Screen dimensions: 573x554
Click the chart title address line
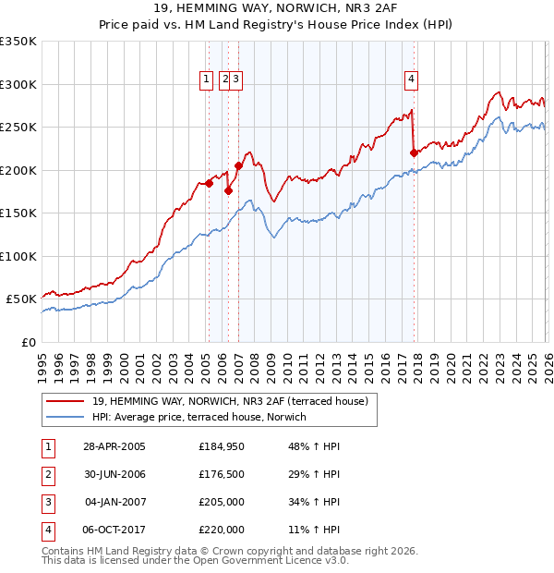coord(277,9)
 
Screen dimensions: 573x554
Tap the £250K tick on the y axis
coord(18,128)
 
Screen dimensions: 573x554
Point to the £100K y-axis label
coord(18,256)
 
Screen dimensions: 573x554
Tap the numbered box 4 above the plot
coord(410,79)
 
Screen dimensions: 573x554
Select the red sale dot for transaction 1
coord(209,183)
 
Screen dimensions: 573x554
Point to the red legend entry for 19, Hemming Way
coord(230,401)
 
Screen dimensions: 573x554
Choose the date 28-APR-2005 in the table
coord(114,446)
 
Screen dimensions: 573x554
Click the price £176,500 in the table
coord(222,474)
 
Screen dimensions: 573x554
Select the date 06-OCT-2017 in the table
coord(114,530)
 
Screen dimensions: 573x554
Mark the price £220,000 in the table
coord(222,530)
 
